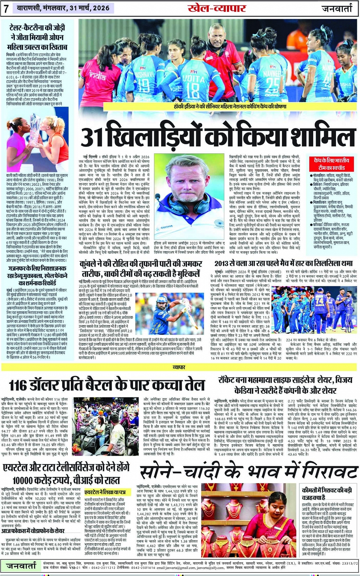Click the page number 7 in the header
(6, 8)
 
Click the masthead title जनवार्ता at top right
(337, 8)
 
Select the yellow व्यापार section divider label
(179, 367)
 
